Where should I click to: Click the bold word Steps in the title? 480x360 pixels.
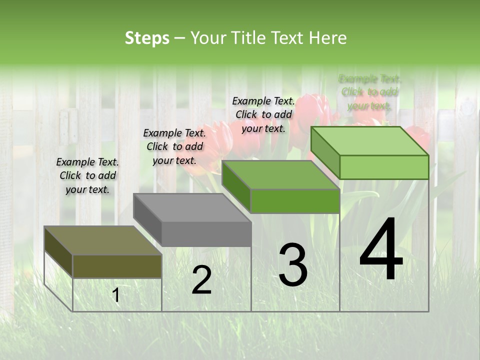coord(147,38)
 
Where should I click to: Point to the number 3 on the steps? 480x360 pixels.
coord(293,264)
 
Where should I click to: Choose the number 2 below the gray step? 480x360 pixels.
coord(201,280)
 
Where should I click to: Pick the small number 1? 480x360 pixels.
coord(116,295)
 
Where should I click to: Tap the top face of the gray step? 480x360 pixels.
coord(192,207)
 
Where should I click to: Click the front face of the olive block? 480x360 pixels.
coord(117,266)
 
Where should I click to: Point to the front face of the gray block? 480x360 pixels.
coord(206,234)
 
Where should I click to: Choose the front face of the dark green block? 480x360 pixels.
coord(295,201)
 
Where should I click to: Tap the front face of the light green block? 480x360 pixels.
coord(384,167)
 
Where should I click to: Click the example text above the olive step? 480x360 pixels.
coord(87,175)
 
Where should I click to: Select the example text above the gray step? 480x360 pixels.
coord(174,146)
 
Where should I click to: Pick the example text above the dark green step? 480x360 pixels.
coord(263,114)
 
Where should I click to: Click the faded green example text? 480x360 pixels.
coord(369,92)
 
